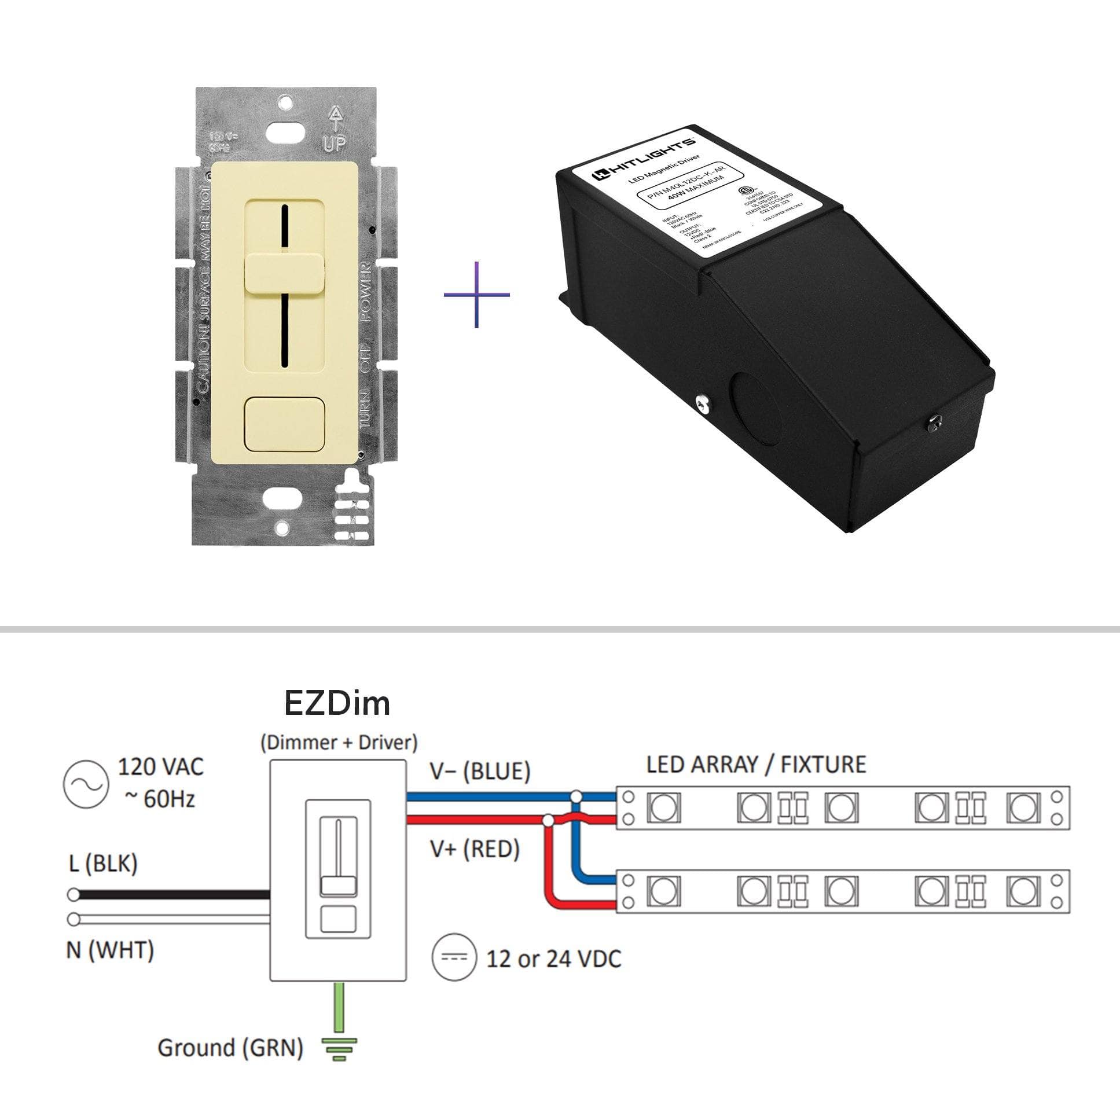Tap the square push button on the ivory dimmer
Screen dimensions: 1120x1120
[284, 424]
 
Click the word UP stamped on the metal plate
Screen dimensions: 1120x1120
[335, 142]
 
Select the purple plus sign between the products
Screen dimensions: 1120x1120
[476, 295]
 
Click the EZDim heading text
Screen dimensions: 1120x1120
[337, 703]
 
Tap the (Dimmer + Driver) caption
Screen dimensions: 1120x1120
[339, 743]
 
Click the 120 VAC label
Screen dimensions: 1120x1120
[160, 767]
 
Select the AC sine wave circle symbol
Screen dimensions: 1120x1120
[86, 785]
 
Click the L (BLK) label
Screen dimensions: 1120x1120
[103, 863]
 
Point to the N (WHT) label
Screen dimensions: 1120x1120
[110, 950]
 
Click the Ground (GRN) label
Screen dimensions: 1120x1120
[230, 1048]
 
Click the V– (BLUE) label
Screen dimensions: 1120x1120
[480, 771]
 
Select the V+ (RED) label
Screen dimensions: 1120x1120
[475, 849]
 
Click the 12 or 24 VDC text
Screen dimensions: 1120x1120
[553, 959]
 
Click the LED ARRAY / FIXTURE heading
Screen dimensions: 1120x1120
[756, 765]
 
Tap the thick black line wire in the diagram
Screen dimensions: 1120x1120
[174, 895]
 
